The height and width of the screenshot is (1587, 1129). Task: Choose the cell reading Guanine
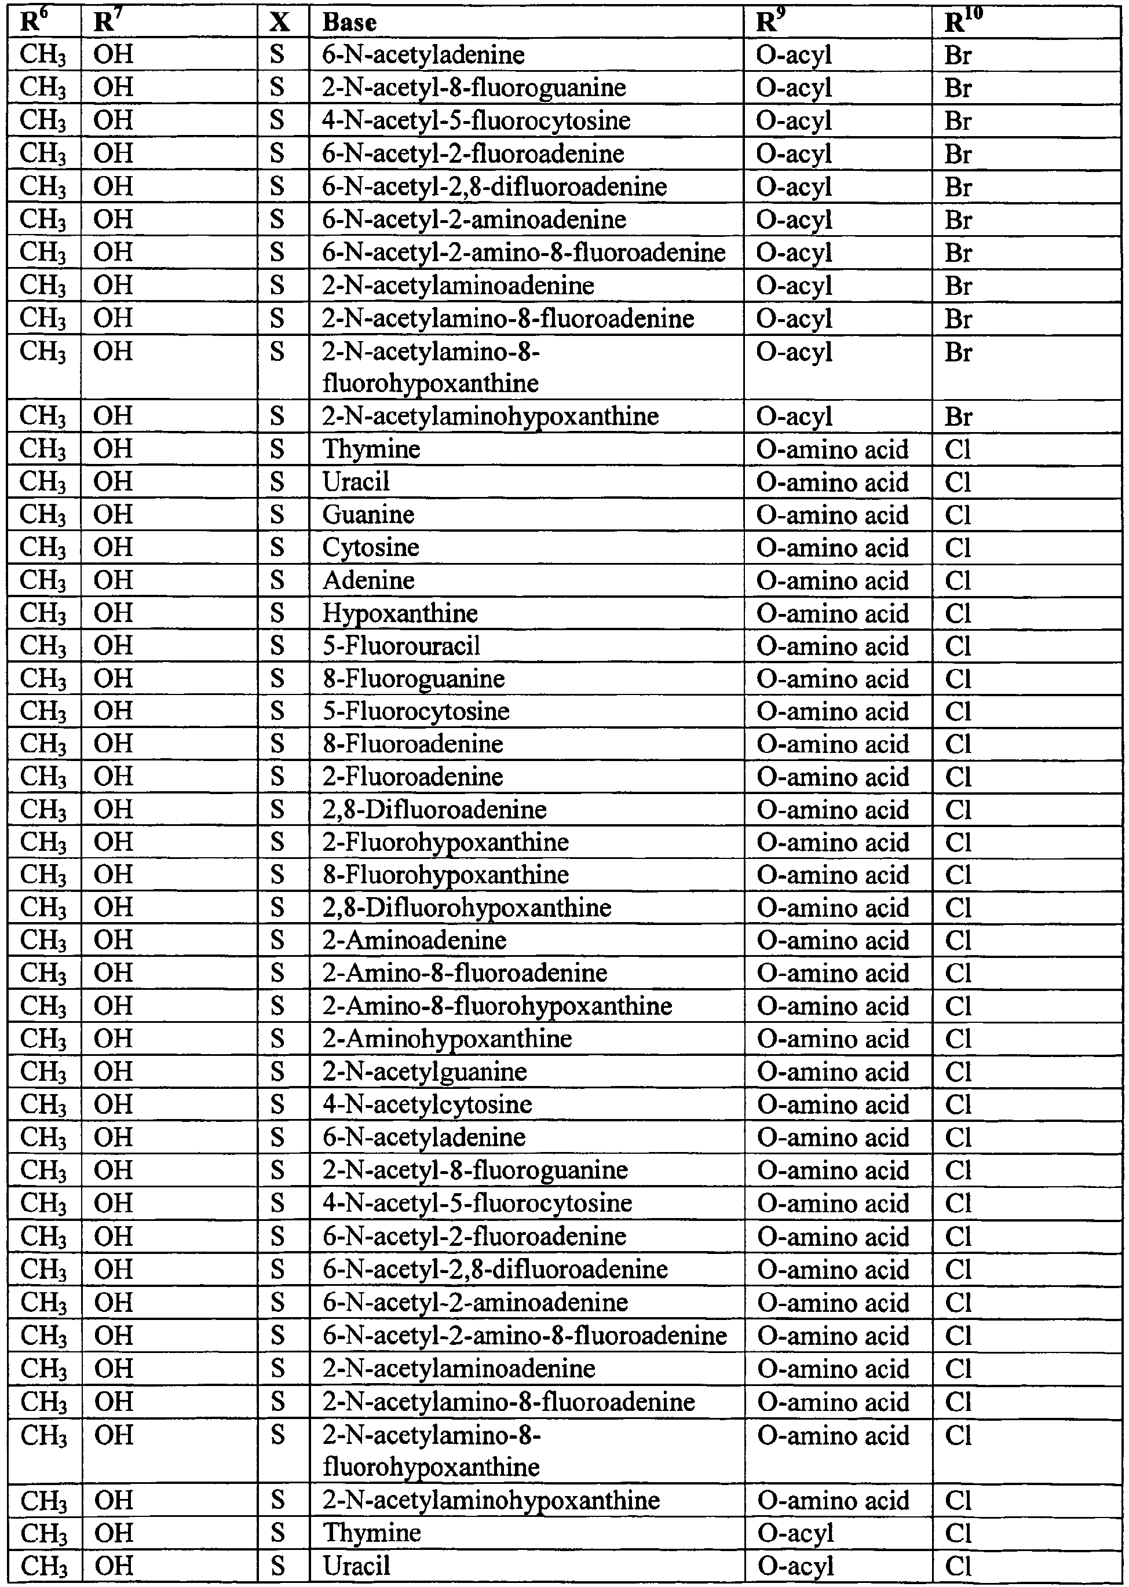(x=368, y=515)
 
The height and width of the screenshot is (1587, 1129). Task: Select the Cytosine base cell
(x=371, y=548)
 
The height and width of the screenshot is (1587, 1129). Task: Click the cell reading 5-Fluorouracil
(x=401, y=646)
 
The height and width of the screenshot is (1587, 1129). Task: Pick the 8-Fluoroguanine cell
(x=414, y=678)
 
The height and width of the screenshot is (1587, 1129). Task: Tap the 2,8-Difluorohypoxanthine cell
(x=466, y=908)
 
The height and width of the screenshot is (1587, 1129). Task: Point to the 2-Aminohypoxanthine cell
(x=447, y=1039)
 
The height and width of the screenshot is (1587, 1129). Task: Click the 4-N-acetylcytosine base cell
(x=427, y=1105)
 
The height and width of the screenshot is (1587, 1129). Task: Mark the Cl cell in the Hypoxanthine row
(x=958, y=613)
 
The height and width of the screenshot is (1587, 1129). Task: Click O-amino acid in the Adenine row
(x=832, y=580)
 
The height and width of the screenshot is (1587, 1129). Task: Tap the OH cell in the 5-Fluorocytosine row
(x=112, y=711)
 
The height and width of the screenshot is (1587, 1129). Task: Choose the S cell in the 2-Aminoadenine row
(x=277, y=941)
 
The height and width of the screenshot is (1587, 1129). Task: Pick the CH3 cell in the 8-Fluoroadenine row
(x=43, y=744)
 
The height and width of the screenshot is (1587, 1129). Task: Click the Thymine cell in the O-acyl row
(x=372, y=1533)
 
